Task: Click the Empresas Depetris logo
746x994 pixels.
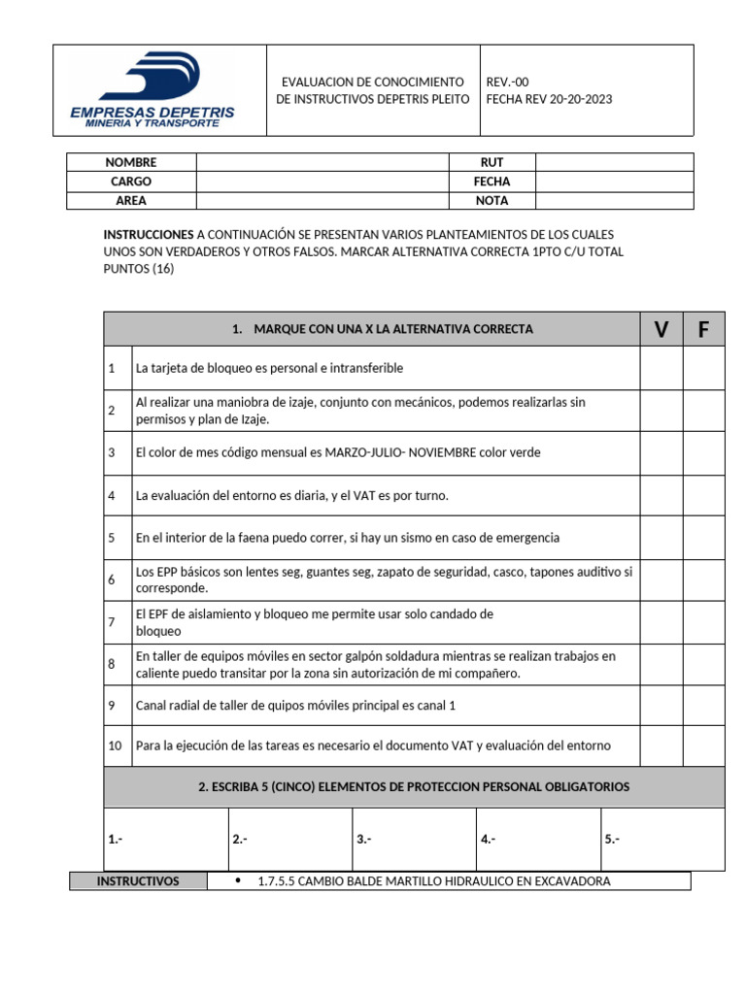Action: [153, 89]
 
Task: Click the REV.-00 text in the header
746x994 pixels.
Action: [507, 83]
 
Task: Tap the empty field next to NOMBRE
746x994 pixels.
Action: [322, 162]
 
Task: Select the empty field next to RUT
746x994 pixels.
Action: [614, 162]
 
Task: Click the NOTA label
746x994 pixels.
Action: [492, 201]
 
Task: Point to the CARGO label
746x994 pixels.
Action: [131, 182]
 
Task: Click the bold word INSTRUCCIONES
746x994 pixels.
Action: [148, 235]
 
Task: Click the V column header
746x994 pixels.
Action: [661, 330]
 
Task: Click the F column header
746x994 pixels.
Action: [703, 330]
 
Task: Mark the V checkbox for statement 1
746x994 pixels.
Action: [661, 369]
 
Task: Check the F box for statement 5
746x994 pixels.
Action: [703, 538]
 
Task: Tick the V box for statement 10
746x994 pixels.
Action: [661, 745]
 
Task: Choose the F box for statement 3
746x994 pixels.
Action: [703, 452]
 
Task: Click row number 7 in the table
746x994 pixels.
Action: [113, 621]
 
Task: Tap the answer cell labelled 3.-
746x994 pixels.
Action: [413, 840]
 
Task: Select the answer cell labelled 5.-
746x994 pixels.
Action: [661, 840]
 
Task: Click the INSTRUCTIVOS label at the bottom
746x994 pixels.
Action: [138, 881]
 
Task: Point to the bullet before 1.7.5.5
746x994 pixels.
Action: [239, 880]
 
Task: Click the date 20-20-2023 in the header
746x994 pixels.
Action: [581, 99]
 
